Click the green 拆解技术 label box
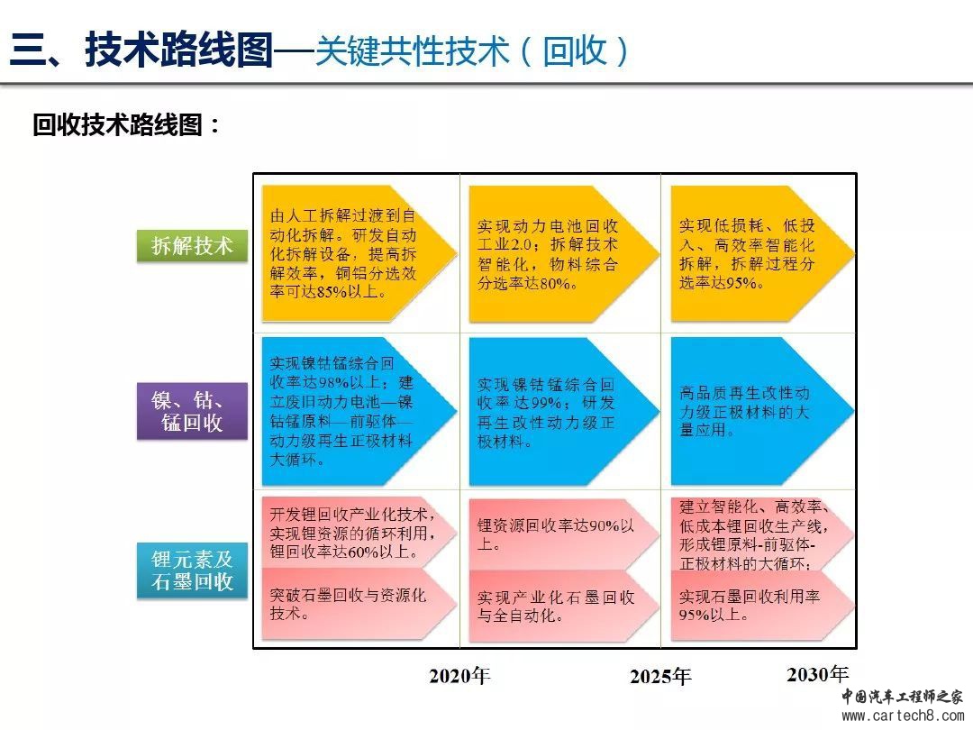(x=192, y=245)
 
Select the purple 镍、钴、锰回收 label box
(x=192, y=411)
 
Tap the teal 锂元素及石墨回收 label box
(x=192, y=570)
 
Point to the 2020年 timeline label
(x=459, y=675)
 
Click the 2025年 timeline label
(x=660, y=676)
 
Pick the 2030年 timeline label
(x=817, y=674)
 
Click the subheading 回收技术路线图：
(x=126, y=124)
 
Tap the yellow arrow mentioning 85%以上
(x=359, y=253)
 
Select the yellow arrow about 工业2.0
(x=563, y=253)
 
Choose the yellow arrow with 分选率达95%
(x=762, y=253)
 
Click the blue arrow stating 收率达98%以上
(x=359, y=411)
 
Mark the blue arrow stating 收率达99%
(x=563, y=411)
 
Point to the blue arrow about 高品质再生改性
(x=762, y=411)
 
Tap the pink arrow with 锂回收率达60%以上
(x=359, y=533)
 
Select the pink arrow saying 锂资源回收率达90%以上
(x=563, y=534)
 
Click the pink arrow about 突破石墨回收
(x=359, y=604)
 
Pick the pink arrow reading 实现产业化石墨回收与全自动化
(x=563, y=606)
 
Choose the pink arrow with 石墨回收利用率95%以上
(x=762, y=606)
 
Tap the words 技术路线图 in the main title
(x=179, y=50)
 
